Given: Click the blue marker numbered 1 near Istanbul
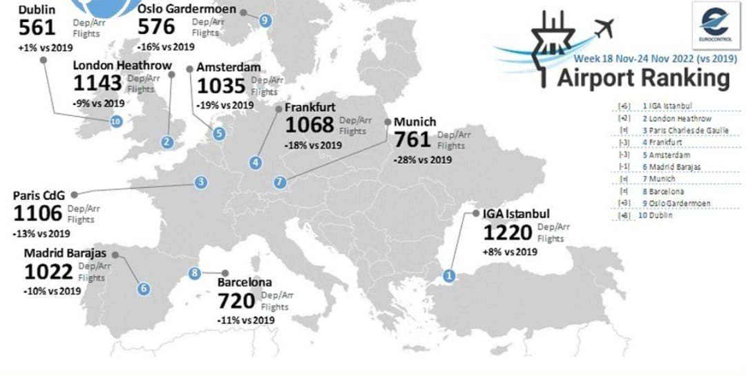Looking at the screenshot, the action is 450,276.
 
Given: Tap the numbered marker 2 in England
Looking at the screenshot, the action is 166,142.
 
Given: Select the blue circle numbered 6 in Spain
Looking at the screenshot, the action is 143,289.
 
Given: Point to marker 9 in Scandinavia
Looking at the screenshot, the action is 265,21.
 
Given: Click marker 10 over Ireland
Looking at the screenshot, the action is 115,122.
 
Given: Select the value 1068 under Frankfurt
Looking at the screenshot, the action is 309,125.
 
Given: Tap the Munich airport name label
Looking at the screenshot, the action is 414,122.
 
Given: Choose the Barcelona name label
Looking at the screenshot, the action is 245,283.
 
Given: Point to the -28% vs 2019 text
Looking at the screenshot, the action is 422,160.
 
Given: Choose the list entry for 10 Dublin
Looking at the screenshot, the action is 657,215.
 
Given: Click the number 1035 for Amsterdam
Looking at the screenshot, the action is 221,86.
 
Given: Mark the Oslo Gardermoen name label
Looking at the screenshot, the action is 186,10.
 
